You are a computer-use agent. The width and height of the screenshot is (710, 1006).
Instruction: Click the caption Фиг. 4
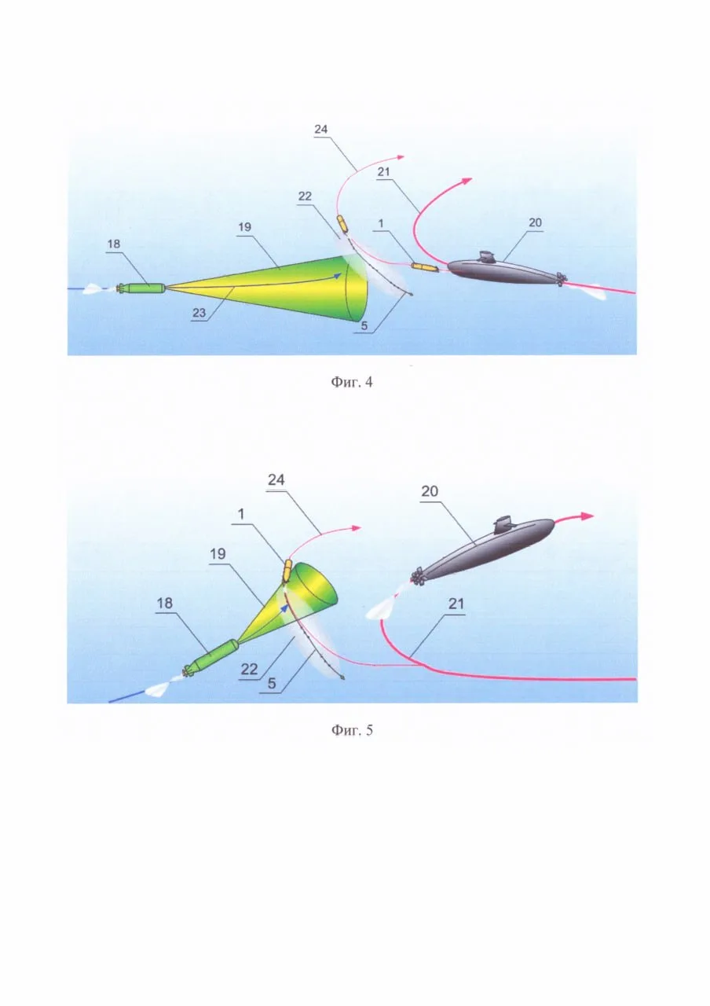coord(352,382)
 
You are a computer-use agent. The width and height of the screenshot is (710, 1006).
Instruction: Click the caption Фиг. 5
coord(352,730)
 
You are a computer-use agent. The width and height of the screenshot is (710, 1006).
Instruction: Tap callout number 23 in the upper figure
coord(199,313)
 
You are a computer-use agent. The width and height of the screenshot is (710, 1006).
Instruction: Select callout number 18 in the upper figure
coord(114,244)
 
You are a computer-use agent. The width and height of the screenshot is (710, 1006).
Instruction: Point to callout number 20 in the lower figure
coord(430,491)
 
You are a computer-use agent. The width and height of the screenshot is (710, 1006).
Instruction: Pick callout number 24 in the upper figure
coord(321,129)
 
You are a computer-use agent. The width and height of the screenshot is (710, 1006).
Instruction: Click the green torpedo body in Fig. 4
coord(145,288)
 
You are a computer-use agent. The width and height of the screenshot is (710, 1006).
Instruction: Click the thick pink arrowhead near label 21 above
coord(467,181)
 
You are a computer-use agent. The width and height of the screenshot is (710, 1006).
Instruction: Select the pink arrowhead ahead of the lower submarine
coord(587,516)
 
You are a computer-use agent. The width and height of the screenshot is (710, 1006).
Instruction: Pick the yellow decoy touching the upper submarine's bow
coord(425,268)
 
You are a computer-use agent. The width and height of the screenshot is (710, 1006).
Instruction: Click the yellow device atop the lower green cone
coord(287,571)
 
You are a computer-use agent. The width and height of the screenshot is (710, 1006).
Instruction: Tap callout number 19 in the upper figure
coord(244,227)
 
